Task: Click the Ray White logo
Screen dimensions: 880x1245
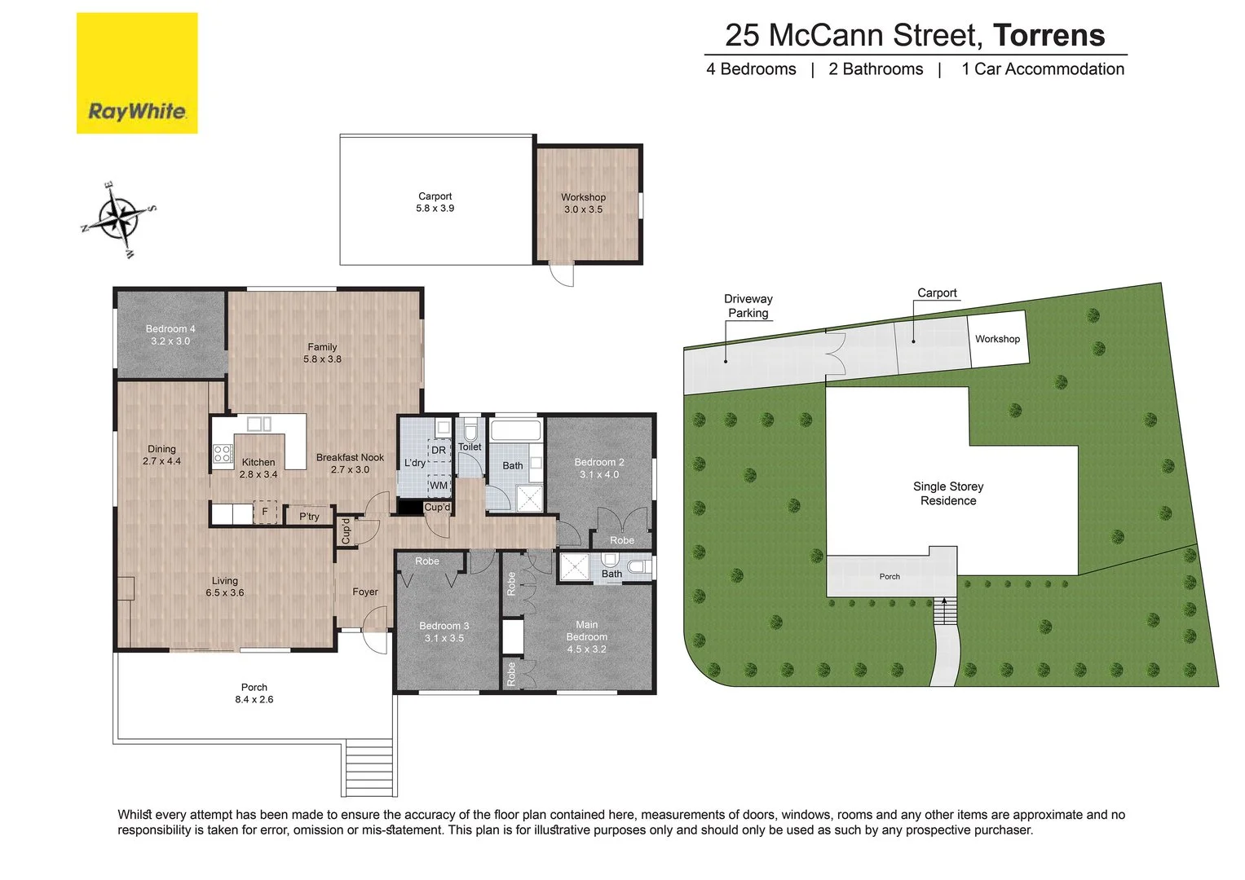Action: point(137,73)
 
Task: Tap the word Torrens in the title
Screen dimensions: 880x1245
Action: point(1049,35)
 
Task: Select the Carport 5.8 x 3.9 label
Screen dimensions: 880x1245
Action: point(435,202)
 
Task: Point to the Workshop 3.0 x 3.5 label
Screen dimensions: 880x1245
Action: point(583,203)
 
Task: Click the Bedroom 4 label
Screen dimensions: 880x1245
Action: point(170,335)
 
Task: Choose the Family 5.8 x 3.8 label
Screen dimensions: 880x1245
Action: point(322,353)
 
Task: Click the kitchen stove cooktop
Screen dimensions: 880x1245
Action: point(223,454)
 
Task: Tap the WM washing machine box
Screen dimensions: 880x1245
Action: point(439,486)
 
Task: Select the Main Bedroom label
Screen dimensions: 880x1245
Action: point(587,636)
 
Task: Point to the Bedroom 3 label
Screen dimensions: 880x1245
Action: point(444,631)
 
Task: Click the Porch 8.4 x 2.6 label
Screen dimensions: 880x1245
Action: point(254,693)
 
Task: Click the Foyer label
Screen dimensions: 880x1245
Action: point(365,592)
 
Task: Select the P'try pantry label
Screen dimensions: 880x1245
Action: point(309,517)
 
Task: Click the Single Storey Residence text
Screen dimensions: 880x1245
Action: point(948,493)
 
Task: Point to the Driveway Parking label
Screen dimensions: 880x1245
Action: point(748,306)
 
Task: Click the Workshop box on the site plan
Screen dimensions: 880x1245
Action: point(997,339)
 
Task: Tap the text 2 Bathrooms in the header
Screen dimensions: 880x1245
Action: point(876,69)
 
